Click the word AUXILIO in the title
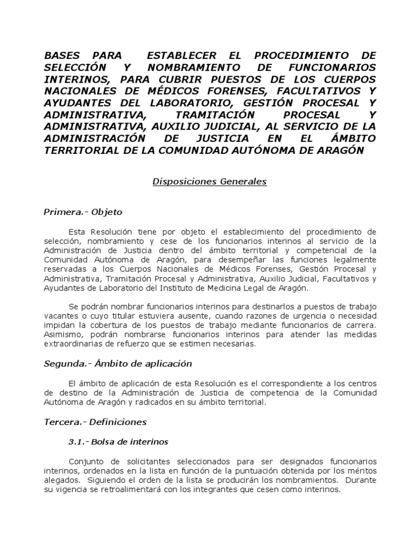pos(171,126)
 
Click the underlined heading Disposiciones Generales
pos(210,182)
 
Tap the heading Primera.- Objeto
pos(83,212)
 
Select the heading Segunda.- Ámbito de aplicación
pos(118,363)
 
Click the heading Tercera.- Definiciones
pos(95,421)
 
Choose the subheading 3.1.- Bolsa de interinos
pos(118,442)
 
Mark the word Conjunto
pos(86,462)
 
